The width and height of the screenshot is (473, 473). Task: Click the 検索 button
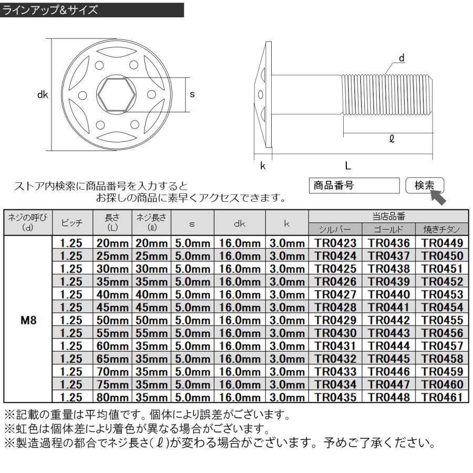(425, 186)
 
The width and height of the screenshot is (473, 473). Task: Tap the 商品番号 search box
(355, 186)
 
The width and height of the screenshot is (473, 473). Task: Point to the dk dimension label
(43, 95)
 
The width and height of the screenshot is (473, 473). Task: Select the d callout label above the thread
(402, 58)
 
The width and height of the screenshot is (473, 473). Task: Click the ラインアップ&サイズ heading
(50, 9)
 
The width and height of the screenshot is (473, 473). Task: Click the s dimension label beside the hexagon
(192, 95)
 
